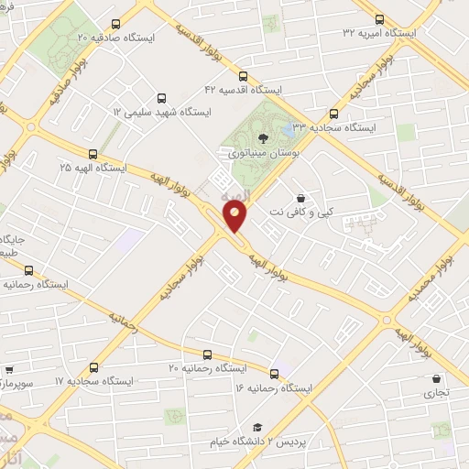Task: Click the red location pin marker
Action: tap(236, 217)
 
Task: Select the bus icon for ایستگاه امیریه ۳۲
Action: tap(379, 18)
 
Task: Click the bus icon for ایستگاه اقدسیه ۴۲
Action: tap(242, 76)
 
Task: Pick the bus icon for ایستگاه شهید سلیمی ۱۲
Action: tap(161, 97)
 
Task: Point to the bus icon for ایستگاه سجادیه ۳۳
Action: tap(333, 115)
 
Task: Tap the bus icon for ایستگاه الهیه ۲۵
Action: tap(93, 154)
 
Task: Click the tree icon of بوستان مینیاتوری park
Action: tap(263, 138)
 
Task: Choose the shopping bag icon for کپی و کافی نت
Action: tap(300, 198)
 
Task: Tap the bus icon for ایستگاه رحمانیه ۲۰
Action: tap(206, 354)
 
